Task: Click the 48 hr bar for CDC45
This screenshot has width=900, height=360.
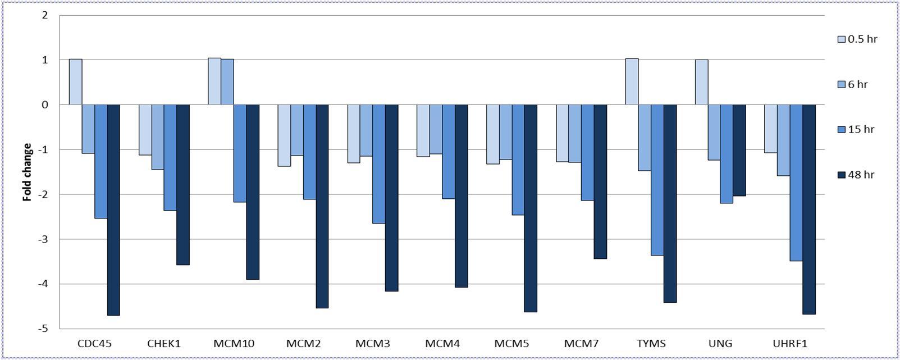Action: [113, 210]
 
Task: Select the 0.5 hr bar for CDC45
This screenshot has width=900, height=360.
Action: [76, 82]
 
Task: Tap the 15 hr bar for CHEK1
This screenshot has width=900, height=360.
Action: [170, 158]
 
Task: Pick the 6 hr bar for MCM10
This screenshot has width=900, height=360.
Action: [227, 82]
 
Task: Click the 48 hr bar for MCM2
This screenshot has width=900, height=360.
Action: [322, 206]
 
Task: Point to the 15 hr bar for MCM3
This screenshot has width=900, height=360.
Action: [379, 164]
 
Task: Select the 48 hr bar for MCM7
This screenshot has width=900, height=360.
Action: [600, 181]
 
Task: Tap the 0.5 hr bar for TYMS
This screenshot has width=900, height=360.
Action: [632, 81]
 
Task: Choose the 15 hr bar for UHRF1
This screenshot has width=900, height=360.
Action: [796, 183]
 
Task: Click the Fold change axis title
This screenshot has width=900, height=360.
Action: [27, 172]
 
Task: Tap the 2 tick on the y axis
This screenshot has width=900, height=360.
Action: [45, 15]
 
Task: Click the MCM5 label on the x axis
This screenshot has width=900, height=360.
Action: [512, 343]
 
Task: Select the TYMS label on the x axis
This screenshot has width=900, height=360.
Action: [651, 343]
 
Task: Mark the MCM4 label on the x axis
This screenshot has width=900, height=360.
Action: [442, 343]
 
